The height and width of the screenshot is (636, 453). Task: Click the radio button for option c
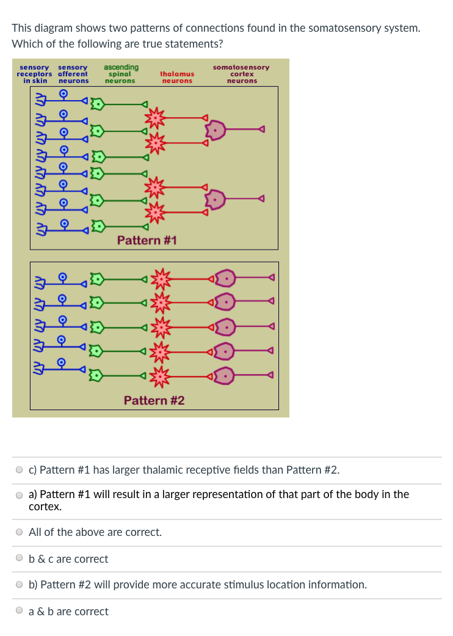coord(20,470)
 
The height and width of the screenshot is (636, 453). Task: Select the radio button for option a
coord(20,495)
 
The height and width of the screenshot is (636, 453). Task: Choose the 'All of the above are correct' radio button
coord(20,532)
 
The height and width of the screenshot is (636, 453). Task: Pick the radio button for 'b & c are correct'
coord(20,559)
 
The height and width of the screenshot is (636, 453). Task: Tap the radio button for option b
coord(20,585)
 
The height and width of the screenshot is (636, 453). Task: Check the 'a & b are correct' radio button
coord(20,612)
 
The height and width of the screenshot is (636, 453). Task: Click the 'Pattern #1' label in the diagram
coord(147,240)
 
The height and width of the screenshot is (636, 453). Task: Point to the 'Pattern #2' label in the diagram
coord(154,400)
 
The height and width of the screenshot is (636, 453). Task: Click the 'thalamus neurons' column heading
coord(177,78)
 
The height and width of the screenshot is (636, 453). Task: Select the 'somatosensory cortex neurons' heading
coord(241,74)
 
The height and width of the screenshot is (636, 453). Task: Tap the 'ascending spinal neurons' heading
coord(121,74)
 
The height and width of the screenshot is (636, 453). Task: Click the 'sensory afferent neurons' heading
coord(73,74)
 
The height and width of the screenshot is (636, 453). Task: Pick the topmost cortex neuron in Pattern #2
coord(225,279)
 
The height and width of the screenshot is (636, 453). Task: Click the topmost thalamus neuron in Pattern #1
coord(156,116)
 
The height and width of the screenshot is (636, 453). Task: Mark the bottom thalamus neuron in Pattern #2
coord(161,376)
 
